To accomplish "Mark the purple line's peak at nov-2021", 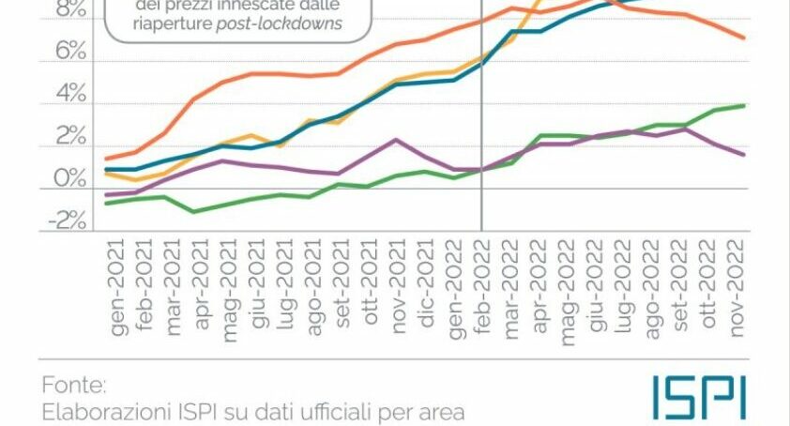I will point(397,140).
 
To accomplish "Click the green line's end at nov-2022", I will point(745,105).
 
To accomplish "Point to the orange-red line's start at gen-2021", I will point(107,158).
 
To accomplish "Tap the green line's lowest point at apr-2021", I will point(193,211).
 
